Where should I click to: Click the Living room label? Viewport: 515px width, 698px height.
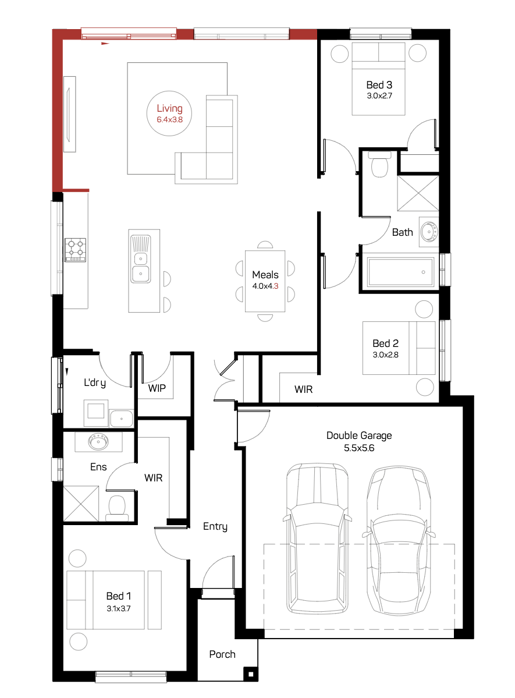coord(169,109)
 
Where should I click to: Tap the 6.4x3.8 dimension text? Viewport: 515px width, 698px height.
coord(169,120)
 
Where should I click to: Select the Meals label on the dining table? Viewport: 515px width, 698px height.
coord(265,275)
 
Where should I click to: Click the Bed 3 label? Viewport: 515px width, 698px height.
coord(379,84)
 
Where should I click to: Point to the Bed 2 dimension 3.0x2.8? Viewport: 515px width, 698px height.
coord(385,355)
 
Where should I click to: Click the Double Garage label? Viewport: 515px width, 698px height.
coord(359,436)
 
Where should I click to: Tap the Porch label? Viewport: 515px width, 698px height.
coord(222,654)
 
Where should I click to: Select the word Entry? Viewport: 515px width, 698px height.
coord(215,527)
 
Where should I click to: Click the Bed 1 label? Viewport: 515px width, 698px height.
coord(119,596)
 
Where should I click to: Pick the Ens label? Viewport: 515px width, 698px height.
coord(98,467)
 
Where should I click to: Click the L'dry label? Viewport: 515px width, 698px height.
coord(95,383)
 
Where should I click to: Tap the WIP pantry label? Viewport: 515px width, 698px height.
coord(157,388)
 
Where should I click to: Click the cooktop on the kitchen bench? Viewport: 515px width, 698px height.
coord(75,250)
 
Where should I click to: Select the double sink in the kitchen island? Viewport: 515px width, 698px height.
coord(141,259)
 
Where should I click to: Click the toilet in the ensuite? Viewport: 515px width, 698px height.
coord(117,508)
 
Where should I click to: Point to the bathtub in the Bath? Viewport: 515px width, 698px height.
coord(400,271)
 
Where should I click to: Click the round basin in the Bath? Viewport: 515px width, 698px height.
coord(429,232)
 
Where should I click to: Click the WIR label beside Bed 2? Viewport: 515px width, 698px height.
coord(304,389)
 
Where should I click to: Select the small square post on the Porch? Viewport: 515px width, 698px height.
coord(251,674)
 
